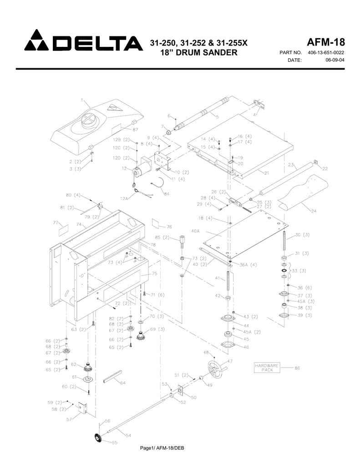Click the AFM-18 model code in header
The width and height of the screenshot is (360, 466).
point(326,42)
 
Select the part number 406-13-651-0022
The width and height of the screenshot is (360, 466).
point(326,53)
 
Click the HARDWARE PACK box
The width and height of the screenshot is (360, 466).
point(266,368)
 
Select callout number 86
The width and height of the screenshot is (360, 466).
point(297,368)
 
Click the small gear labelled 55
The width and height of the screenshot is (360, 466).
point(97,438)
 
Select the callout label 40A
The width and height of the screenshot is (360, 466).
point(195,231)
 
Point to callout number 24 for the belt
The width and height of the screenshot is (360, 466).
point(314,211)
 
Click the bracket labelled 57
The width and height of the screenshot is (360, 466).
point(82,408)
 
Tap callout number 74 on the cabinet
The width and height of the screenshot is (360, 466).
point(79,224)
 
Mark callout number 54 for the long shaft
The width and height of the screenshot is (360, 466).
point(129,436)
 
